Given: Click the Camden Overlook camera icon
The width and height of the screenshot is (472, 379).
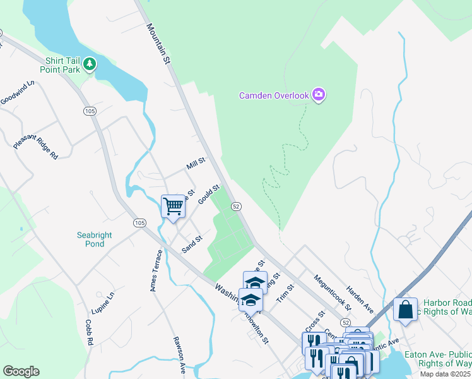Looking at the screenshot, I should point(319,95).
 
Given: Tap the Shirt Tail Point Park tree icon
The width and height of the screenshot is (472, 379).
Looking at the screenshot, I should point(90,64).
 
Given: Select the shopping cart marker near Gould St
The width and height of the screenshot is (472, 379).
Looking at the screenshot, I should point(173,206).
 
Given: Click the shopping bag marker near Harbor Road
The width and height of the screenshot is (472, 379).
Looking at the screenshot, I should point(405,310).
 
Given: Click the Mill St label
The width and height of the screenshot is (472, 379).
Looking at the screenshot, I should point(196,164).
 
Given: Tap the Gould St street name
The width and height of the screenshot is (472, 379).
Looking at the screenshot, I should point(208,194).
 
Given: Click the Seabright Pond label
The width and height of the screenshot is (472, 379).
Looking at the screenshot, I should point(95,239).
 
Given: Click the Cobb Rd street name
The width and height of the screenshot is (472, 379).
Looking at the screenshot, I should point(90,332).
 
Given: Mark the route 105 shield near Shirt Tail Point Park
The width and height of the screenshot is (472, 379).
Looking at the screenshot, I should point(90,111).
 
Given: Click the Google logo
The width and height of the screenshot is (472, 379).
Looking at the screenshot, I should point(21,371).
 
